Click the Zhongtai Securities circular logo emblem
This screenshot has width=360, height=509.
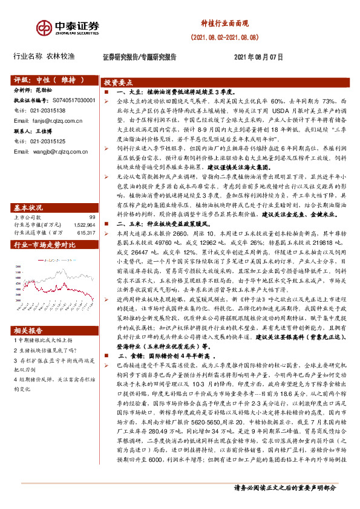point(45,28)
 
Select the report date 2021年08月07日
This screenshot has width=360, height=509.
point(258,57)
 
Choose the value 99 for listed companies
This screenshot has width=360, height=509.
point(92,200)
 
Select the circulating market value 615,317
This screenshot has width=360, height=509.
point(84,215)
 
